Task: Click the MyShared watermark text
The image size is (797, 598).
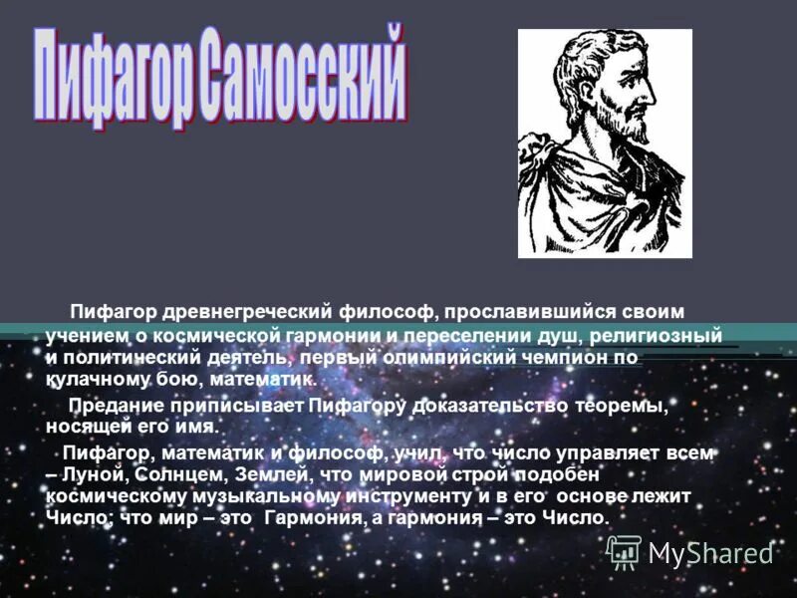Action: (710, 552)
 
